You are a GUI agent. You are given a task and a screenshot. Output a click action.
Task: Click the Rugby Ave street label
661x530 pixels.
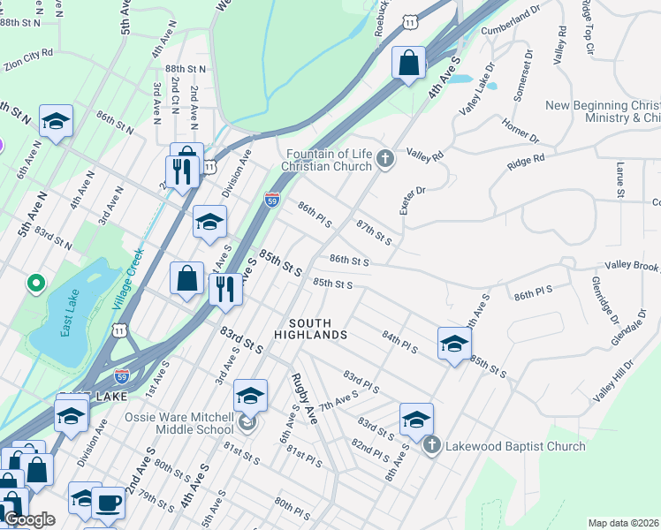click(304, 398)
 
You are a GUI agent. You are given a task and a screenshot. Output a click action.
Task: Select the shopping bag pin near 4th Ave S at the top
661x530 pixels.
click(408, 64)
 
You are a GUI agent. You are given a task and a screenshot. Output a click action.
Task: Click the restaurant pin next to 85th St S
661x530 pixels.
click(225, 289)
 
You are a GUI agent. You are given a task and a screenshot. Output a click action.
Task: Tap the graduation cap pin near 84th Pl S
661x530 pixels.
click(454, 343)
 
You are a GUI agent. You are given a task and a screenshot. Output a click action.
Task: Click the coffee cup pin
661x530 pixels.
click(109, 503)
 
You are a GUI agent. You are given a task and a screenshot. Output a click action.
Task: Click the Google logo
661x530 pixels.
click(29, 519)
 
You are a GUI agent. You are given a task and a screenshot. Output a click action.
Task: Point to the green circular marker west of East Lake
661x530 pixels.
click(36, 284)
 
